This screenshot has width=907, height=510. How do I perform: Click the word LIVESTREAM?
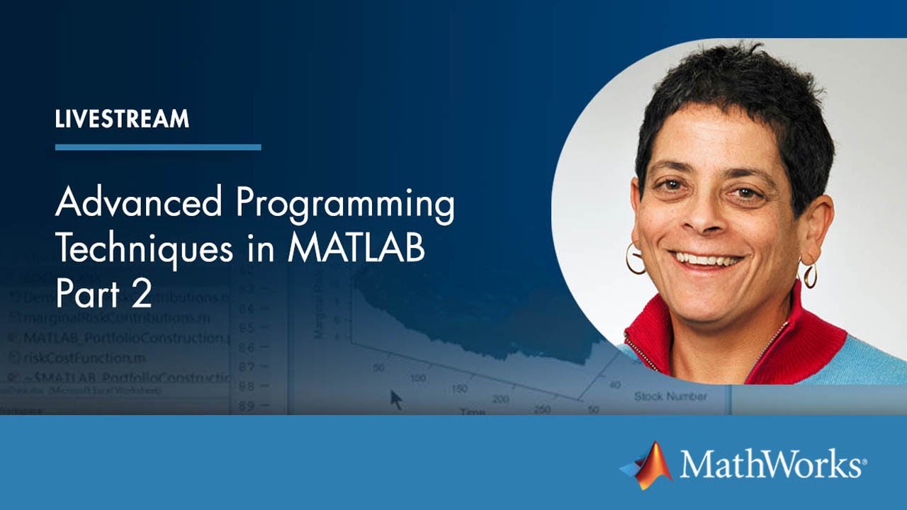coord(122,119)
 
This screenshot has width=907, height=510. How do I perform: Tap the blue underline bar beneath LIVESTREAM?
coord(158,147)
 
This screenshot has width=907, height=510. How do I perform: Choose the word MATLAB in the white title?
coord(356,249)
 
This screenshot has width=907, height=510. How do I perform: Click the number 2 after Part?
coord(142,293)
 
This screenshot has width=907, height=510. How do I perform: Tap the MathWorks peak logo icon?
coord(648,466)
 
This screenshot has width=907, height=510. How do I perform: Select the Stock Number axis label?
coord(670,396)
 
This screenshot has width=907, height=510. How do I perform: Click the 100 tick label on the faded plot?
coord(418,378)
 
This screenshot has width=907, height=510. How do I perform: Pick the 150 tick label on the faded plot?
coord(459,389)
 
